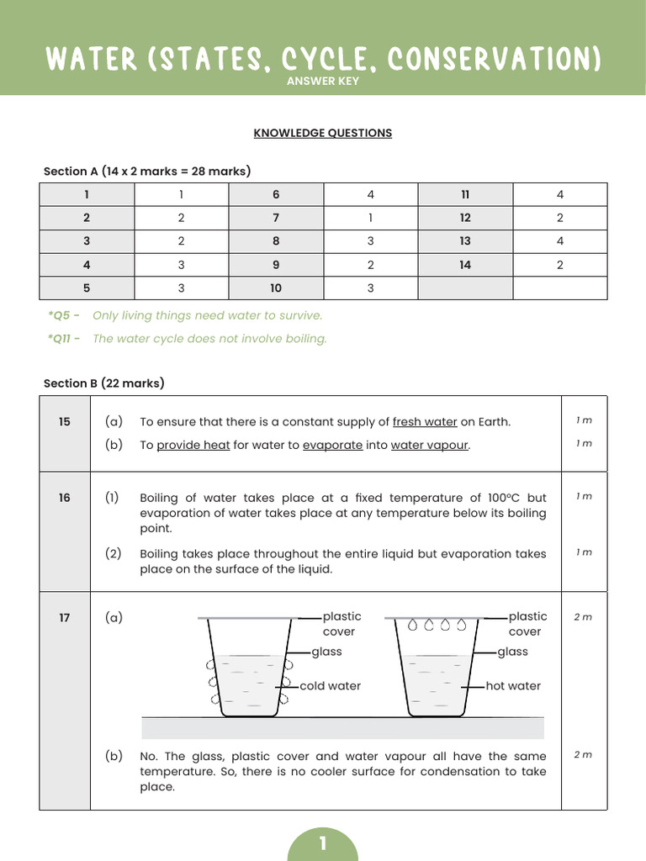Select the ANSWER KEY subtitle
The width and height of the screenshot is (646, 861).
click(323, 82)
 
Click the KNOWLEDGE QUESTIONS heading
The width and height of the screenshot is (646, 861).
click(323, 133)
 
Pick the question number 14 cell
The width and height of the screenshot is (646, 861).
click(465, 265)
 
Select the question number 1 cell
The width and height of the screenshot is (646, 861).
click(87, 194)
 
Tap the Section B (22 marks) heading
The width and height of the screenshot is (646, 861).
click(103, 383)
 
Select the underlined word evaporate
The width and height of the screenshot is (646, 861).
click(332, 446)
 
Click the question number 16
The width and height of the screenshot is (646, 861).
click(65, 498)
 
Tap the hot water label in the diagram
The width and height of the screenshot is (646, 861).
click(513, 686)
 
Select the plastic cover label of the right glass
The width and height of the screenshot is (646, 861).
click(527, 624)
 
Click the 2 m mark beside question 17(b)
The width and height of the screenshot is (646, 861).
click(583, 755)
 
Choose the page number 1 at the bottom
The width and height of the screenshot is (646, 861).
click(323, 843)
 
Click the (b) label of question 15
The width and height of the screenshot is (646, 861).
click(114, 445)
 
